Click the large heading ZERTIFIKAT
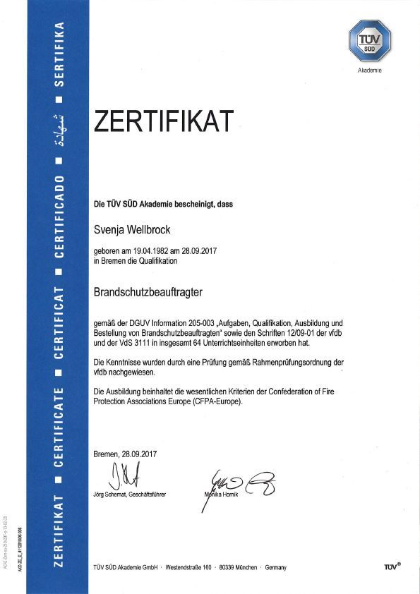pos(163,121)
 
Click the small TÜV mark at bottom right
pos(392,566)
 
